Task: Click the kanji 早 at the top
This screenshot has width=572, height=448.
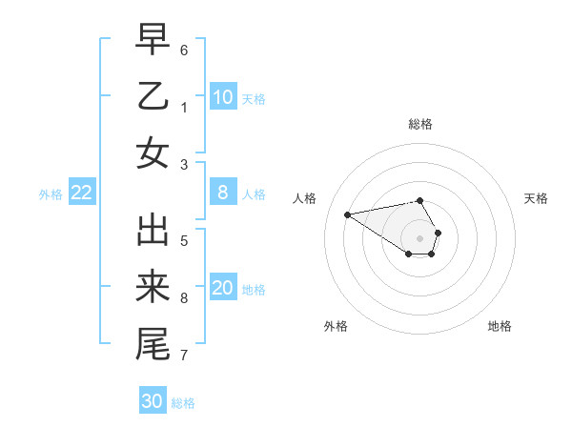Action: point(153,40)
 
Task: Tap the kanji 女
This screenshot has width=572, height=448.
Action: point(153,153)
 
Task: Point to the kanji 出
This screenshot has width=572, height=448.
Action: point(153,231)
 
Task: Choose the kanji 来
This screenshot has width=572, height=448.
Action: point(153,288)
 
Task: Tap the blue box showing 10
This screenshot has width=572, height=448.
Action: point(222,97)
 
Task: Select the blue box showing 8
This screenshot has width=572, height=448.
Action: point(222,193)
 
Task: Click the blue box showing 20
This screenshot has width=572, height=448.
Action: point(222,288)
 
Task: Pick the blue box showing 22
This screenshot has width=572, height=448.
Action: point(82,193)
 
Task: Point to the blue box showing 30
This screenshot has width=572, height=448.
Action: point(153,401)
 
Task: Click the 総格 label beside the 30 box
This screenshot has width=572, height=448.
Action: point(183,403)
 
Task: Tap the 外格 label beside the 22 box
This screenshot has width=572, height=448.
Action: point(51,194)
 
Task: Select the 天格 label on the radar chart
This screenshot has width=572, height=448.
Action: point(536,198)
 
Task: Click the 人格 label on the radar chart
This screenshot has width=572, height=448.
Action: point(305,198)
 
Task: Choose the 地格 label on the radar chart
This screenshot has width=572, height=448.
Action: point(500,326)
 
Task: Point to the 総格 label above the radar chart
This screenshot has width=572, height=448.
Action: point(420,124)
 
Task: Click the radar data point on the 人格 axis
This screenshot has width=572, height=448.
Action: point(347,214)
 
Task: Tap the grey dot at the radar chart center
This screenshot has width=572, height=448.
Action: point(419,237)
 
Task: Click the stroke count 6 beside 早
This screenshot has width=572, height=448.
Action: point(184,49)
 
